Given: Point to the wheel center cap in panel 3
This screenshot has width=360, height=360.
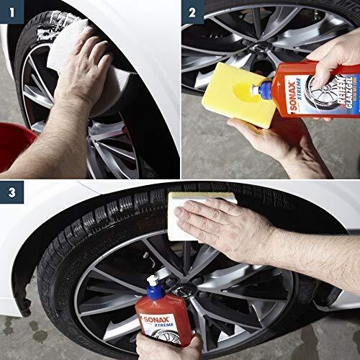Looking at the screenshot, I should [185, 292].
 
